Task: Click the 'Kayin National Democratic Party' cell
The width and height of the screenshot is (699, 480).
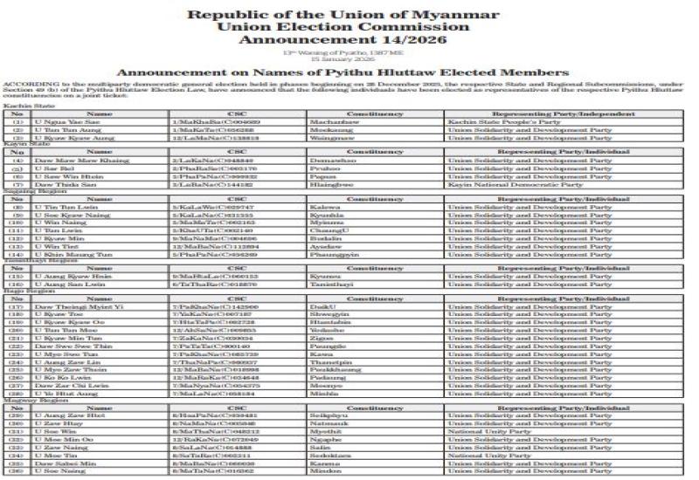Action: tap(515, 185)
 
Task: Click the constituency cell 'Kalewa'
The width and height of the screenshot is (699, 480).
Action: tap(323, 208)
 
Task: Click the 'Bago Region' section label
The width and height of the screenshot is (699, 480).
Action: tap(19, 291)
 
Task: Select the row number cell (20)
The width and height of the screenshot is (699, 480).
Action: tap(16, 331)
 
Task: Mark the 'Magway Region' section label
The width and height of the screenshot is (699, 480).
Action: tap(24, 400)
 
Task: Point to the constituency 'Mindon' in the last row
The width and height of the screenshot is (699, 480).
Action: tap(324, 470)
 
